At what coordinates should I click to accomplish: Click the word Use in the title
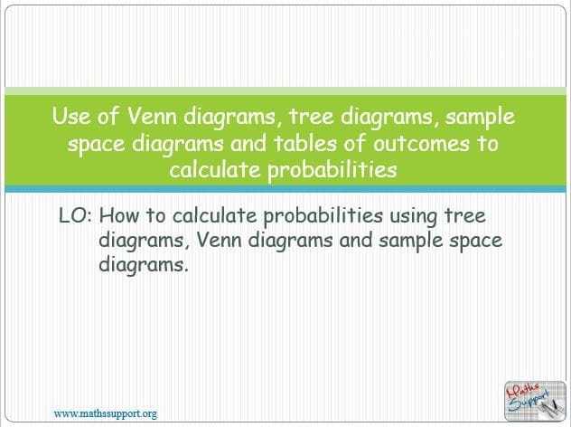point(71,116)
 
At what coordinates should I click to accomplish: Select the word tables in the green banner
point(305,143)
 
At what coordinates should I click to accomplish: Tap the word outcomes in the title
point(421,144)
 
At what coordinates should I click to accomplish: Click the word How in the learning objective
point(118,215)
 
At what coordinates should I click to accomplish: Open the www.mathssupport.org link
point(106,413)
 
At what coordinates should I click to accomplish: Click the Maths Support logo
point(535,401)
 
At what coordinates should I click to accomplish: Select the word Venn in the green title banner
point(152,116)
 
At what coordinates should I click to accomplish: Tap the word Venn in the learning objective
point(219,240)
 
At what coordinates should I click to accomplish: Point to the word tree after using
point(465,215)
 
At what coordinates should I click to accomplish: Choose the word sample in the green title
point(480,118)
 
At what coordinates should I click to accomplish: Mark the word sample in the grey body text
point(410,241)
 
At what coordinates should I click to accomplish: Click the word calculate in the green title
point(215,169)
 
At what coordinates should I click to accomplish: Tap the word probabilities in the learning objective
point(323,216)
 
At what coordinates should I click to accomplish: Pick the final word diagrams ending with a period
point(144,265)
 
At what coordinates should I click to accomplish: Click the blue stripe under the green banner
point(285,189)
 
